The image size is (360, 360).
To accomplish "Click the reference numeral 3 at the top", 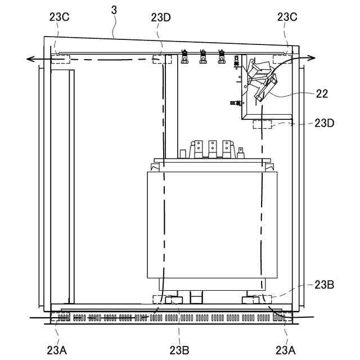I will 114,10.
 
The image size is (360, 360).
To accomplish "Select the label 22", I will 322,94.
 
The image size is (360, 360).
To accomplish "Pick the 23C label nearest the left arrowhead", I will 59,17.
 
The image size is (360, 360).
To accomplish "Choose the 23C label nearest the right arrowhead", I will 287,17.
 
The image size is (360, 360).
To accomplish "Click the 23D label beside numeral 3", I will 162,17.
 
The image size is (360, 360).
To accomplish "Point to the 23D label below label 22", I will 325,123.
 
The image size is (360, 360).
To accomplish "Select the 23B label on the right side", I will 325,285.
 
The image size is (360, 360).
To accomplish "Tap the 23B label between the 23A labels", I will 179,350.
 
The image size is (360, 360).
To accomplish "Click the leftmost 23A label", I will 57,350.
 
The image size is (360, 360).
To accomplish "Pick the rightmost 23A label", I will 286,350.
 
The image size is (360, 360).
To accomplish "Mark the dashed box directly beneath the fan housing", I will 262,124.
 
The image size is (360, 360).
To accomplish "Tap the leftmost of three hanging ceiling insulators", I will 184,57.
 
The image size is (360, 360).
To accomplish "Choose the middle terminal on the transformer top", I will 212,148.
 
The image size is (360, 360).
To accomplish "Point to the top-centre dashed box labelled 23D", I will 162,59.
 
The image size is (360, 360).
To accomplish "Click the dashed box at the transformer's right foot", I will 262,298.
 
